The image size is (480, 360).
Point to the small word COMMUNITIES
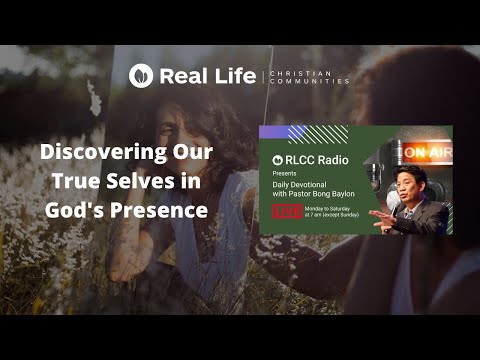(x=309, y=81)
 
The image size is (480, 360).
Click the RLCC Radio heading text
(x=305, y=157)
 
